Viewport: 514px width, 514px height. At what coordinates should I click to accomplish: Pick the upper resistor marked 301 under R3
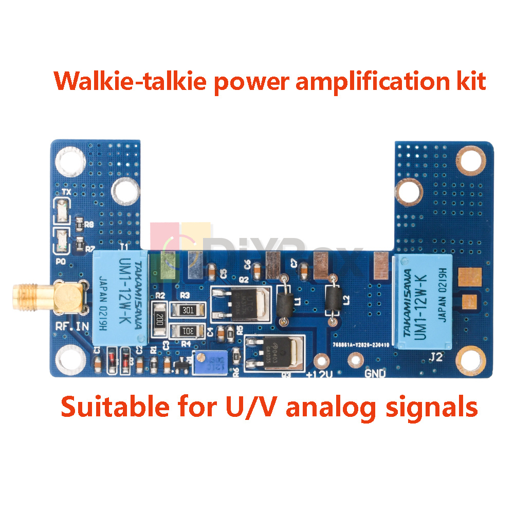[188, 309]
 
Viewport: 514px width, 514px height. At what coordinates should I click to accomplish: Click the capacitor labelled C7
[304, 269]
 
